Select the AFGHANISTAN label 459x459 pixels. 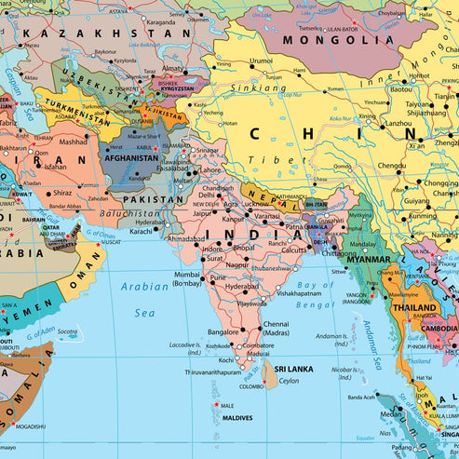coord(130,157)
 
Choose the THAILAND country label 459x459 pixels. coord(414,307)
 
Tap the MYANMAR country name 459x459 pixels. coord(369,259)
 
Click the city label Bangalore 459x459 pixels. coord(223,331)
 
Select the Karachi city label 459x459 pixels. coord(142,231)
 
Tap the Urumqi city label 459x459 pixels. coord(262,61)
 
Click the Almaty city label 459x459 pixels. coord(173,68)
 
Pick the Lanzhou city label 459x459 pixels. coord(398,123)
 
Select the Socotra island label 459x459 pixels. coord(66,331)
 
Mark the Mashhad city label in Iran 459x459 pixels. coord(73,142)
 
